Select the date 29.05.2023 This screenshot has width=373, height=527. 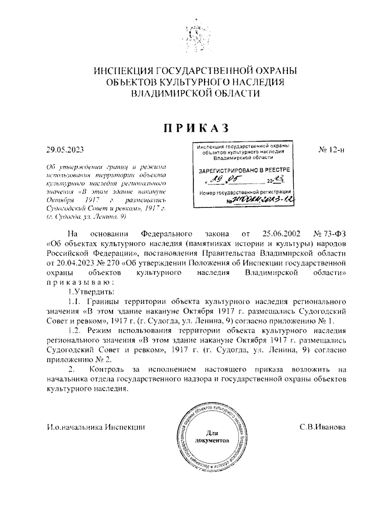[x=65, y=150]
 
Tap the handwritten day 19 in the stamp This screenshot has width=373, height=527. [x=216, y=181]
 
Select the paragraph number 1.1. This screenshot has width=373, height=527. [x=76, y=301]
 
